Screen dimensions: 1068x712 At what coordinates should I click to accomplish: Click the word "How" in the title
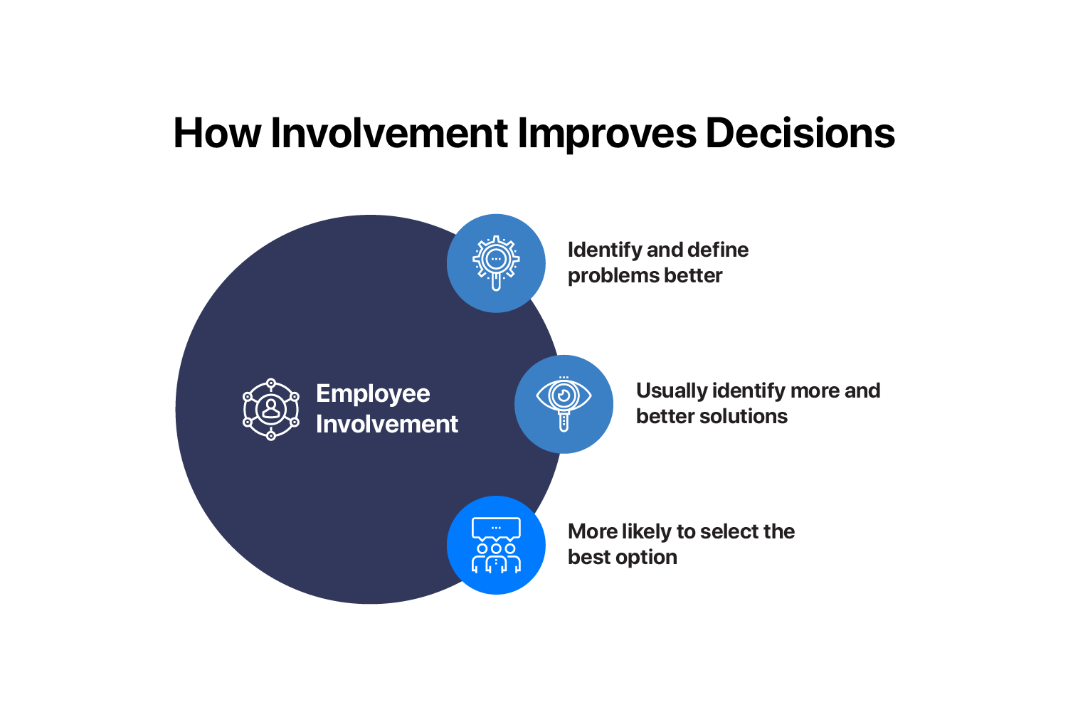(217, 133)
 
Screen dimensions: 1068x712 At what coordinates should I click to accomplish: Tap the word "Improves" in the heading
(607, 135)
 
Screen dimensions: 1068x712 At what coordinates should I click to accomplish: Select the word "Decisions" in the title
(800, 133)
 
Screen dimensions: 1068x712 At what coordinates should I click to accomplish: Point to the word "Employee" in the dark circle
(373, 395)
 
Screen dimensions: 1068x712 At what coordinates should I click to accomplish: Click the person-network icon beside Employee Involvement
(271, 409)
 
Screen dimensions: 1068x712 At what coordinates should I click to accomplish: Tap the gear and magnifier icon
(496, 262)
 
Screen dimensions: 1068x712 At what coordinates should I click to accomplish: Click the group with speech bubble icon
(496, 545)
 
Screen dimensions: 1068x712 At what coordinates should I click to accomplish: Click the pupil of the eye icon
(564, 395)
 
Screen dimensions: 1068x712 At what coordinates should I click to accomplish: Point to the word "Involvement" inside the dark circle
(386, 424)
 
